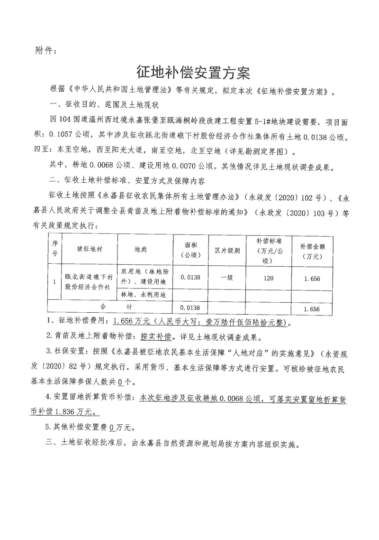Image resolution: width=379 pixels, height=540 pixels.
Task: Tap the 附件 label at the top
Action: tap(46, 50)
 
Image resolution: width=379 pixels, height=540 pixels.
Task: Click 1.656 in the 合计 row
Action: tap(312, 308)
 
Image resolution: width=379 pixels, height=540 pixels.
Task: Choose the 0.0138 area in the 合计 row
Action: tap(188, 307)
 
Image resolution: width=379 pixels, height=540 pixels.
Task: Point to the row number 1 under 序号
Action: tap(54, 282)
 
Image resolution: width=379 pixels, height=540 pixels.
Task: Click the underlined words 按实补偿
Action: tap(154, 338)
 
